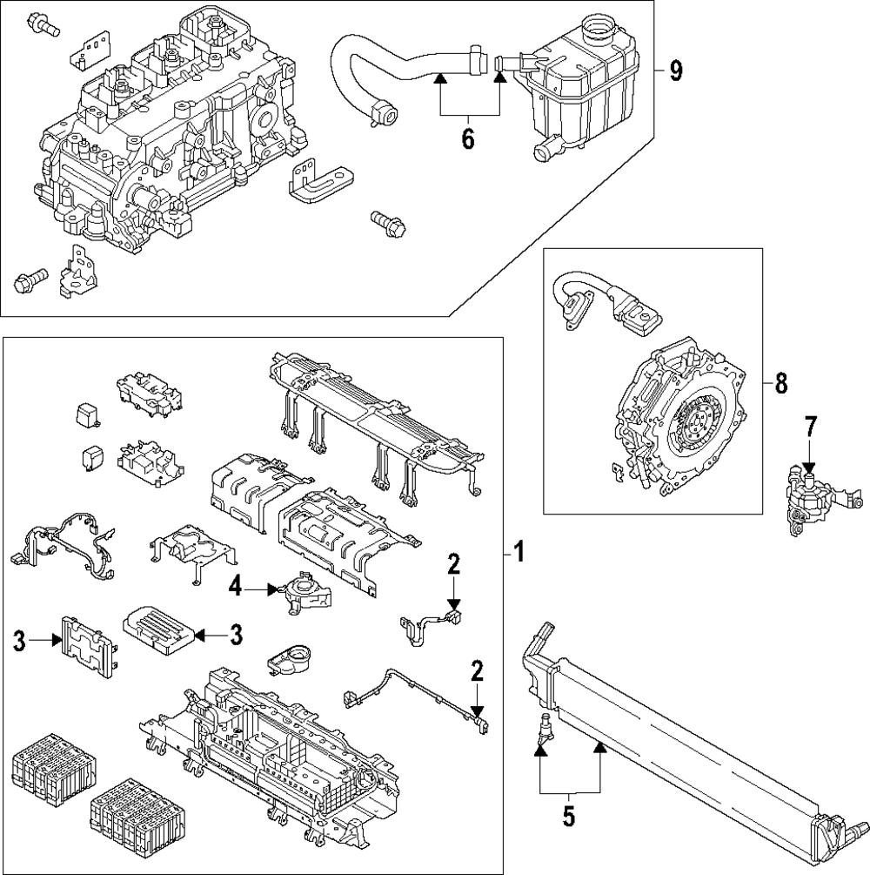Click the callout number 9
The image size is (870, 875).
[675, 71]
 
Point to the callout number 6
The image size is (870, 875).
[468, 138]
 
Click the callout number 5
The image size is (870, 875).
[568, 817]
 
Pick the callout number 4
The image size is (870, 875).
[236, 587]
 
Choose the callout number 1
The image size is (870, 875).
[519, 553]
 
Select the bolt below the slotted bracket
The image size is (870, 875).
[388, 223]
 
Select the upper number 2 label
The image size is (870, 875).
[454, 565]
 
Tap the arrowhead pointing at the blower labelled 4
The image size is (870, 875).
[272, 589]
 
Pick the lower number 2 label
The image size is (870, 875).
[477, 671]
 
